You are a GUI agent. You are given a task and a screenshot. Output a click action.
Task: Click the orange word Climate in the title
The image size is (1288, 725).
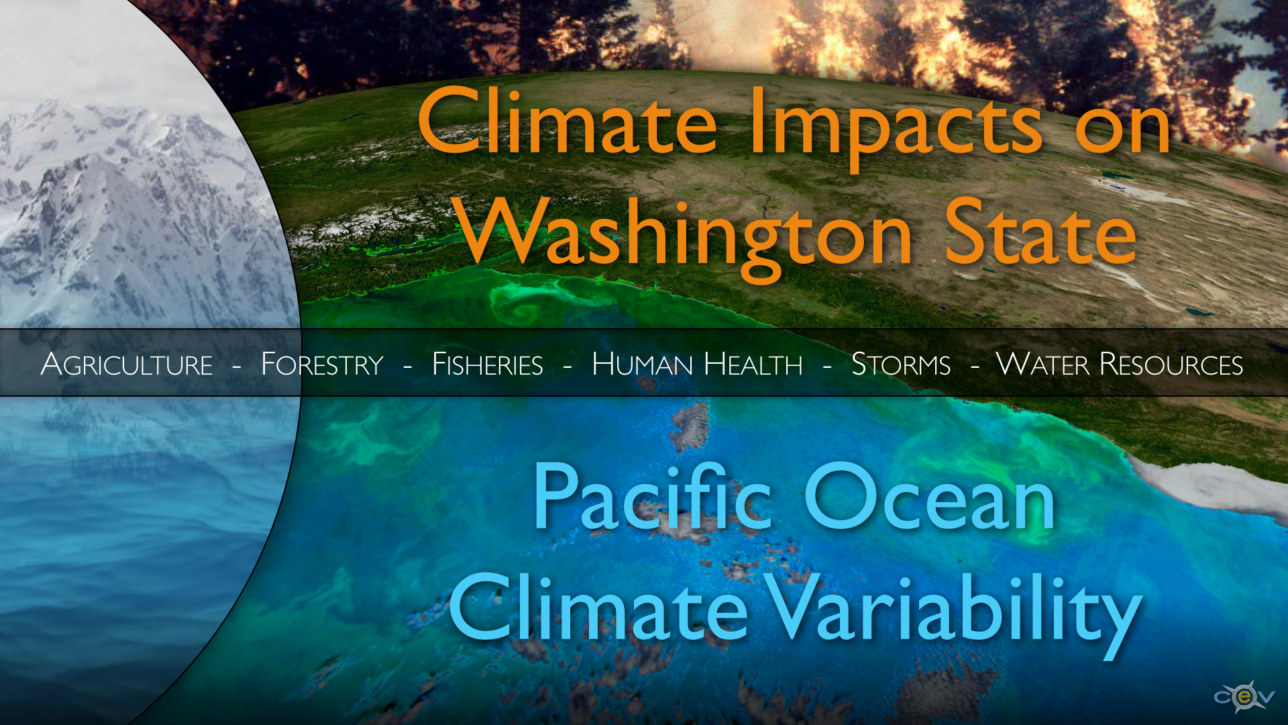point(568,122)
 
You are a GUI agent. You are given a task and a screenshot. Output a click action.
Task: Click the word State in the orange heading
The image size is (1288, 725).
point(1041,232)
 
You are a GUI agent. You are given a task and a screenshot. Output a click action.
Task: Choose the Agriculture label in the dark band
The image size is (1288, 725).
point(127,364)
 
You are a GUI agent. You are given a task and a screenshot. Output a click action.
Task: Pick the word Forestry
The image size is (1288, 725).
point(322,364)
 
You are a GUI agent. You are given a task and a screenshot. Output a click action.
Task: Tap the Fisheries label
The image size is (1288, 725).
point(488,364)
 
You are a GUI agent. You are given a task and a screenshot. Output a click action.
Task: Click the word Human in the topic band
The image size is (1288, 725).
point(642,364)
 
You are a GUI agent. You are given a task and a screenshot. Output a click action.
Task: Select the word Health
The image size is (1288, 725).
point(753,364)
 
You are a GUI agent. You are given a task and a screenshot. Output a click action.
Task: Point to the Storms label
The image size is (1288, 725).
point(901,364)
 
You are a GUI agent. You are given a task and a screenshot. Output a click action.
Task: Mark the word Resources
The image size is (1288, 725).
point(1172,364)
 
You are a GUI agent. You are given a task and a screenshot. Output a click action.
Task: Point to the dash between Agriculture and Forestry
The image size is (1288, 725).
point(236,367)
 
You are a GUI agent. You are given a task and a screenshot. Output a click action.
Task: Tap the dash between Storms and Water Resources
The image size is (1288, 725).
point(975,367)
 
